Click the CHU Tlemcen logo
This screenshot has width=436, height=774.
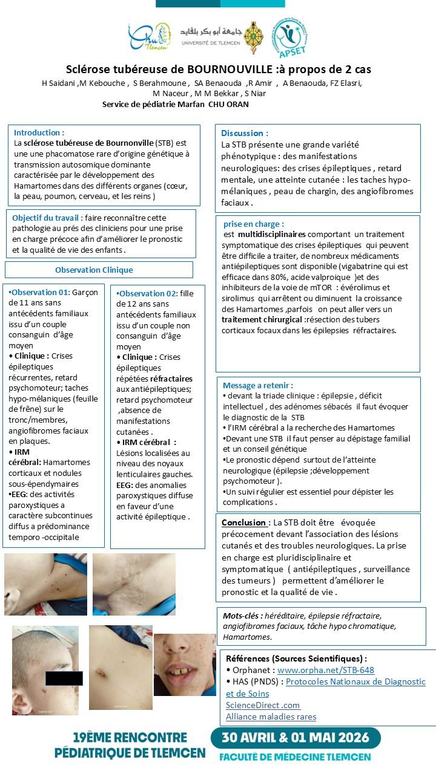149,37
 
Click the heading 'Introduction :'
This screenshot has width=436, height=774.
39,132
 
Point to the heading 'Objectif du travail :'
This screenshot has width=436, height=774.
47,218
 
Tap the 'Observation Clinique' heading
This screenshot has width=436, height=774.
94,270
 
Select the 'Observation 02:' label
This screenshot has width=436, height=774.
147,293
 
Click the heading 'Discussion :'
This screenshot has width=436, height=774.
245,133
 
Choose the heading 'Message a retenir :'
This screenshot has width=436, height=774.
258,385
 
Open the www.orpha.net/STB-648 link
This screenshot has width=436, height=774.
326,670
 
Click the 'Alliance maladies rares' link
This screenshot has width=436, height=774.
271,717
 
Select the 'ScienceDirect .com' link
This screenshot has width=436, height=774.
263,705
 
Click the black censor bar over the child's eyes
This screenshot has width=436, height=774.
64,678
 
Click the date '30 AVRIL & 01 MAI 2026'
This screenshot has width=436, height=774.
296,738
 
